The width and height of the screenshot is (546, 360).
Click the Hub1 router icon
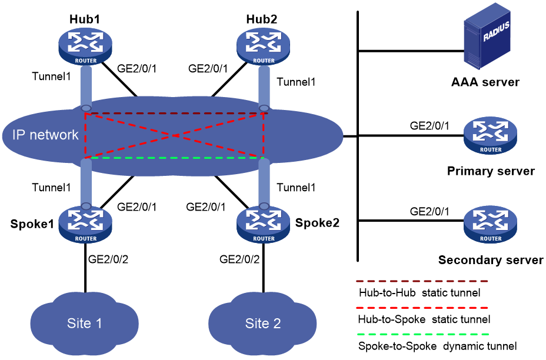coord(85,46)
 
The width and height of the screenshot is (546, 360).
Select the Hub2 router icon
coord(263,46)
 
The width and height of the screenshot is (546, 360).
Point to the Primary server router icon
coord(490,135)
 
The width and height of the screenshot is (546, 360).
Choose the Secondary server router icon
coord(490,224)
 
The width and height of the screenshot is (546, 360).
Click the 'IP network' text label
coord(45,135)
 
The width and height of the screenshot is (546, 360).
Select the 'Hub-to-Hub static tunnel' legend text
coord(420,293)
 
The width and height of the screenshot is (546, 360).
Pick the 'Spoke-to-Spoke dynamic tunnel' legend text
coord(437,346)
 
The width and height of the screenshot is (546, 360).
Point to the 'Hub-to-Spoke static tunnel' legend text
coord(424,319)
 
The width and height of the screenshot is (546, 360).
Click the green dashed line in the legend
coord(422,334)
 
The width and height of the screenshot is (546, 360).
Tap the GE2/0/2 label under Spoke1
coord(108,259)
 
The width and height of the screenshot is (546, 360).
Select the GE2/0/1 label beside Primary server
coord(430,126)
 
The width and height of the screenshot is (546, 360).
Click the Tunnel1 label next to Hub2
coord(296,82)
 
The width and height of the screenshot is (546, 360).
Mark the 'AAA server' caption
coord(485,82)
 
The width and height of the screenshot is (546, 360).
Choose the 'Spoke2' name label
coord(317,223)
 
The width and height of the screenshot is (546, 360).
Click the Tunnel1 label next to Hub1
coord(51,76)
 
